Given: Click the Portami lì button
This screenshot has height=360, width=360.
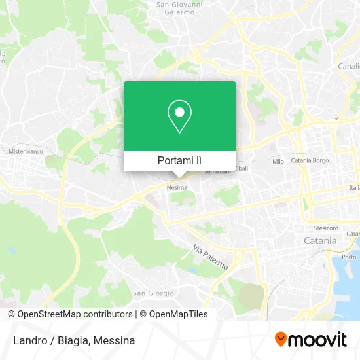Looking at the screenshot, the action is point(179,160).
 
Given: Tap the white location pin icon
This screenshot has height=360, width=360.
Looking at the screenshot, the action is point(179,116).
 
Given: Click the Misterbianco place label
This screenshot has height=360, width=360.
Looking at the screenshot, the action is point(24,151).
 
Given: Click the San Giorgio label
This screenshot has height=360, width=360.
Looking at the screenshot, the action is point(153,293).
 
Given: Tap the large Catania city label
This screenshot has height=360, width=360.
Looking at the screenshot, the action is point(320,240).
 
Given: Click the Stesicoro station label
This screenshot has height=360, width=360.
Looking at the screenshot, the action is point(326,228).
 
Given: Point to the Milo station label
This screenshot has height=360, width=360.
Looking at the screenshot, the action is point(278,161).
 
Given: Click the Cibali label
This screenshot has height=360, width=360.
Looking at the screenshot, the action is point(241,168).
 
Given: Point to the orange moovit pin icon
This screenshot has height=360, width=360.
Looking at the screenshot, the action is point(281,339).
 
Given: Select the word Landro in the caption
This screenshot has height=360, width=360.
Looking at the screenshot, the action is point(24,340).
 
